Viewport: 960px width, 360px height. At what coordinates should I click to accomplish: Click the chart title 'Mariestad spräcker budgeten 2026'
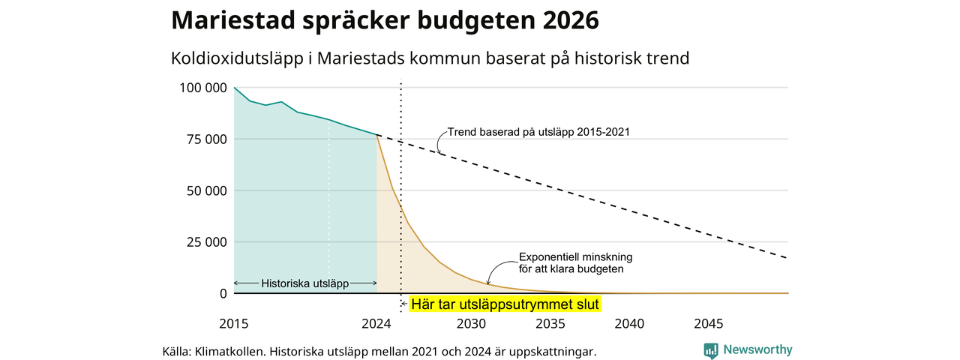pyautogui.click(x=385, y=20)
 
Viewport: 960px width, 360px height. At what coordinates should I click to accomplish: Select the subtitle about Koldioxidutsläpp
pyautogui.click(x=430, y=58)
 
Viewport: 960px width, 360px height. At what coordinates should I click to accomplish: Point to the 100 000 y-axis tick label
pyautogui.click(x=203, y=88)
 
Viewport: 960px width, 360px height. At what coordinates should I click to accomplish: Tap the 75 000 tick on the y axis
pyautogui.click(x=206, y=139)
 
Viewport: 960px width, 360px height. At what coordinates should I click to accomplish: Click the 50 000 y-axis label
pyautogui.click(x=206, y=190)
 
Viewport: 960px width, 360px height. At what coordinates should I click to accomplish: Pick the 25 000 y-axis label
pyautogui.click(x=206, y=242)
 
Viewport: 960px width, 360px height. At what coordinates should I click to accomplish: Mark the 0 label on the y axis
pyautogui.click(x=223, y=293)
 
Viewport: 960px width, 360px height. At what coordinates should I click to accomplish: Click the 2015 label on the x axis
pyautogui.click(x=233, y=323)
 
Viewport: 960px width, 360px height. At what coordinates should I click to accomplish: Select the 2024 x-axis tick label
pyautogui.click(x=376, y=323)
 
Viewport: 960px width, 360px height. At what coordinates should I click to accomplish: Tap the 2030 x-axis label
pyautogui.click(x=471, y=323)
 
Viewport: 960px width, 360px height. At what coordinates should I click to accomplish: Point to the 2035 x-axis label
pyautogui.click(x=550, y=323)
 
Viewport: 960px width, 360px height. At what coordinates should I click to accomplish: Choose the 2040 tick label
pyautogui.click(x=629, y=323)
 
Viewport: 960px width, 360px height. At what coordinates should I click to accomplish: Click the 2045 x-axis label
pyautogui.click(x=709, y=323)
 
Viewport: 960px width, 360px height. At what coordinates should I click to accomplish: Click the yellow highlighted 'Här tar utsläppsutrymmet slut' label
pyautogui.click(x=505, y=304)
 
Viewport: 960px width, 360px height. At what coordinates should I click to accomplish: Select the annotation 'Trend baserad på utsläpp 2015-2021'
pyautogui.click(x=538, y=132)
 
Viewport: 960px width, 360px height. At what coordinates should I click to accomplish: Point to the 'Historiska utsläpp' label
pyautogui.click(x=304, y=283)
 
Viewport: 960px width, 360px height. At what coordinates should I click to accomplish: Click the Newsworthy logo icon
pyautogui.click(x=710, y=350)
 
